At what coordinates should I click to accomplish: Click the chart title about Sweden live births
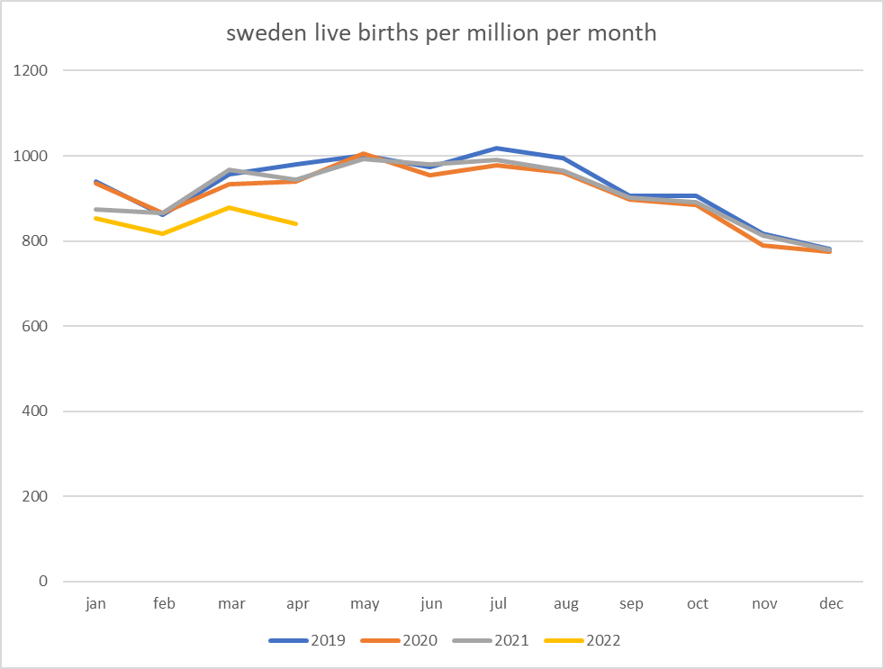click(441, 34)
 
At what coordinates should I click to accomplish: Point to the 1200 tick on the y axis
click(32, 70)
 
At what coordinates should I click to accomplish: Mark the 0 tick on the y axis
click(43, 582)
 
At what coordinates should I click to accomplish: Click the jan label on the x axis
click(95, 604)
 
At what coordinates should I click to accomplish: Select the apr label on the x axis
click(297, 604)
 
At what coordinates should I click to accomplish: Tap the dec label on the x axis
click(831, 604)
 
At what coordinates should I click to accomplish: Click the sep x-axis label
click(631, 604)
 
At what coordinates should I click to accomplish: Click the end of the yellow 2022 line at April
click(296, 223)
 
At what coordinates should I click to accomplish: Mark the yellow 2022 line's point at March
click(230, 207)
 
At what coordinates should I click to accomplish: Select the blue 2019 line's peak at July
click(497, 148)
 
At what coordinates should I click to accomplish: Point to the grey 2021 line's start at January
click(96, 210)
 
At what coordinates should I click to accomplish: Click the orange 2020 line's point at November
click(764, 245)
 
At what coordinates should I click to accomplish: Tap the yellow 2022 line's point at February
click(163, 233)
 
